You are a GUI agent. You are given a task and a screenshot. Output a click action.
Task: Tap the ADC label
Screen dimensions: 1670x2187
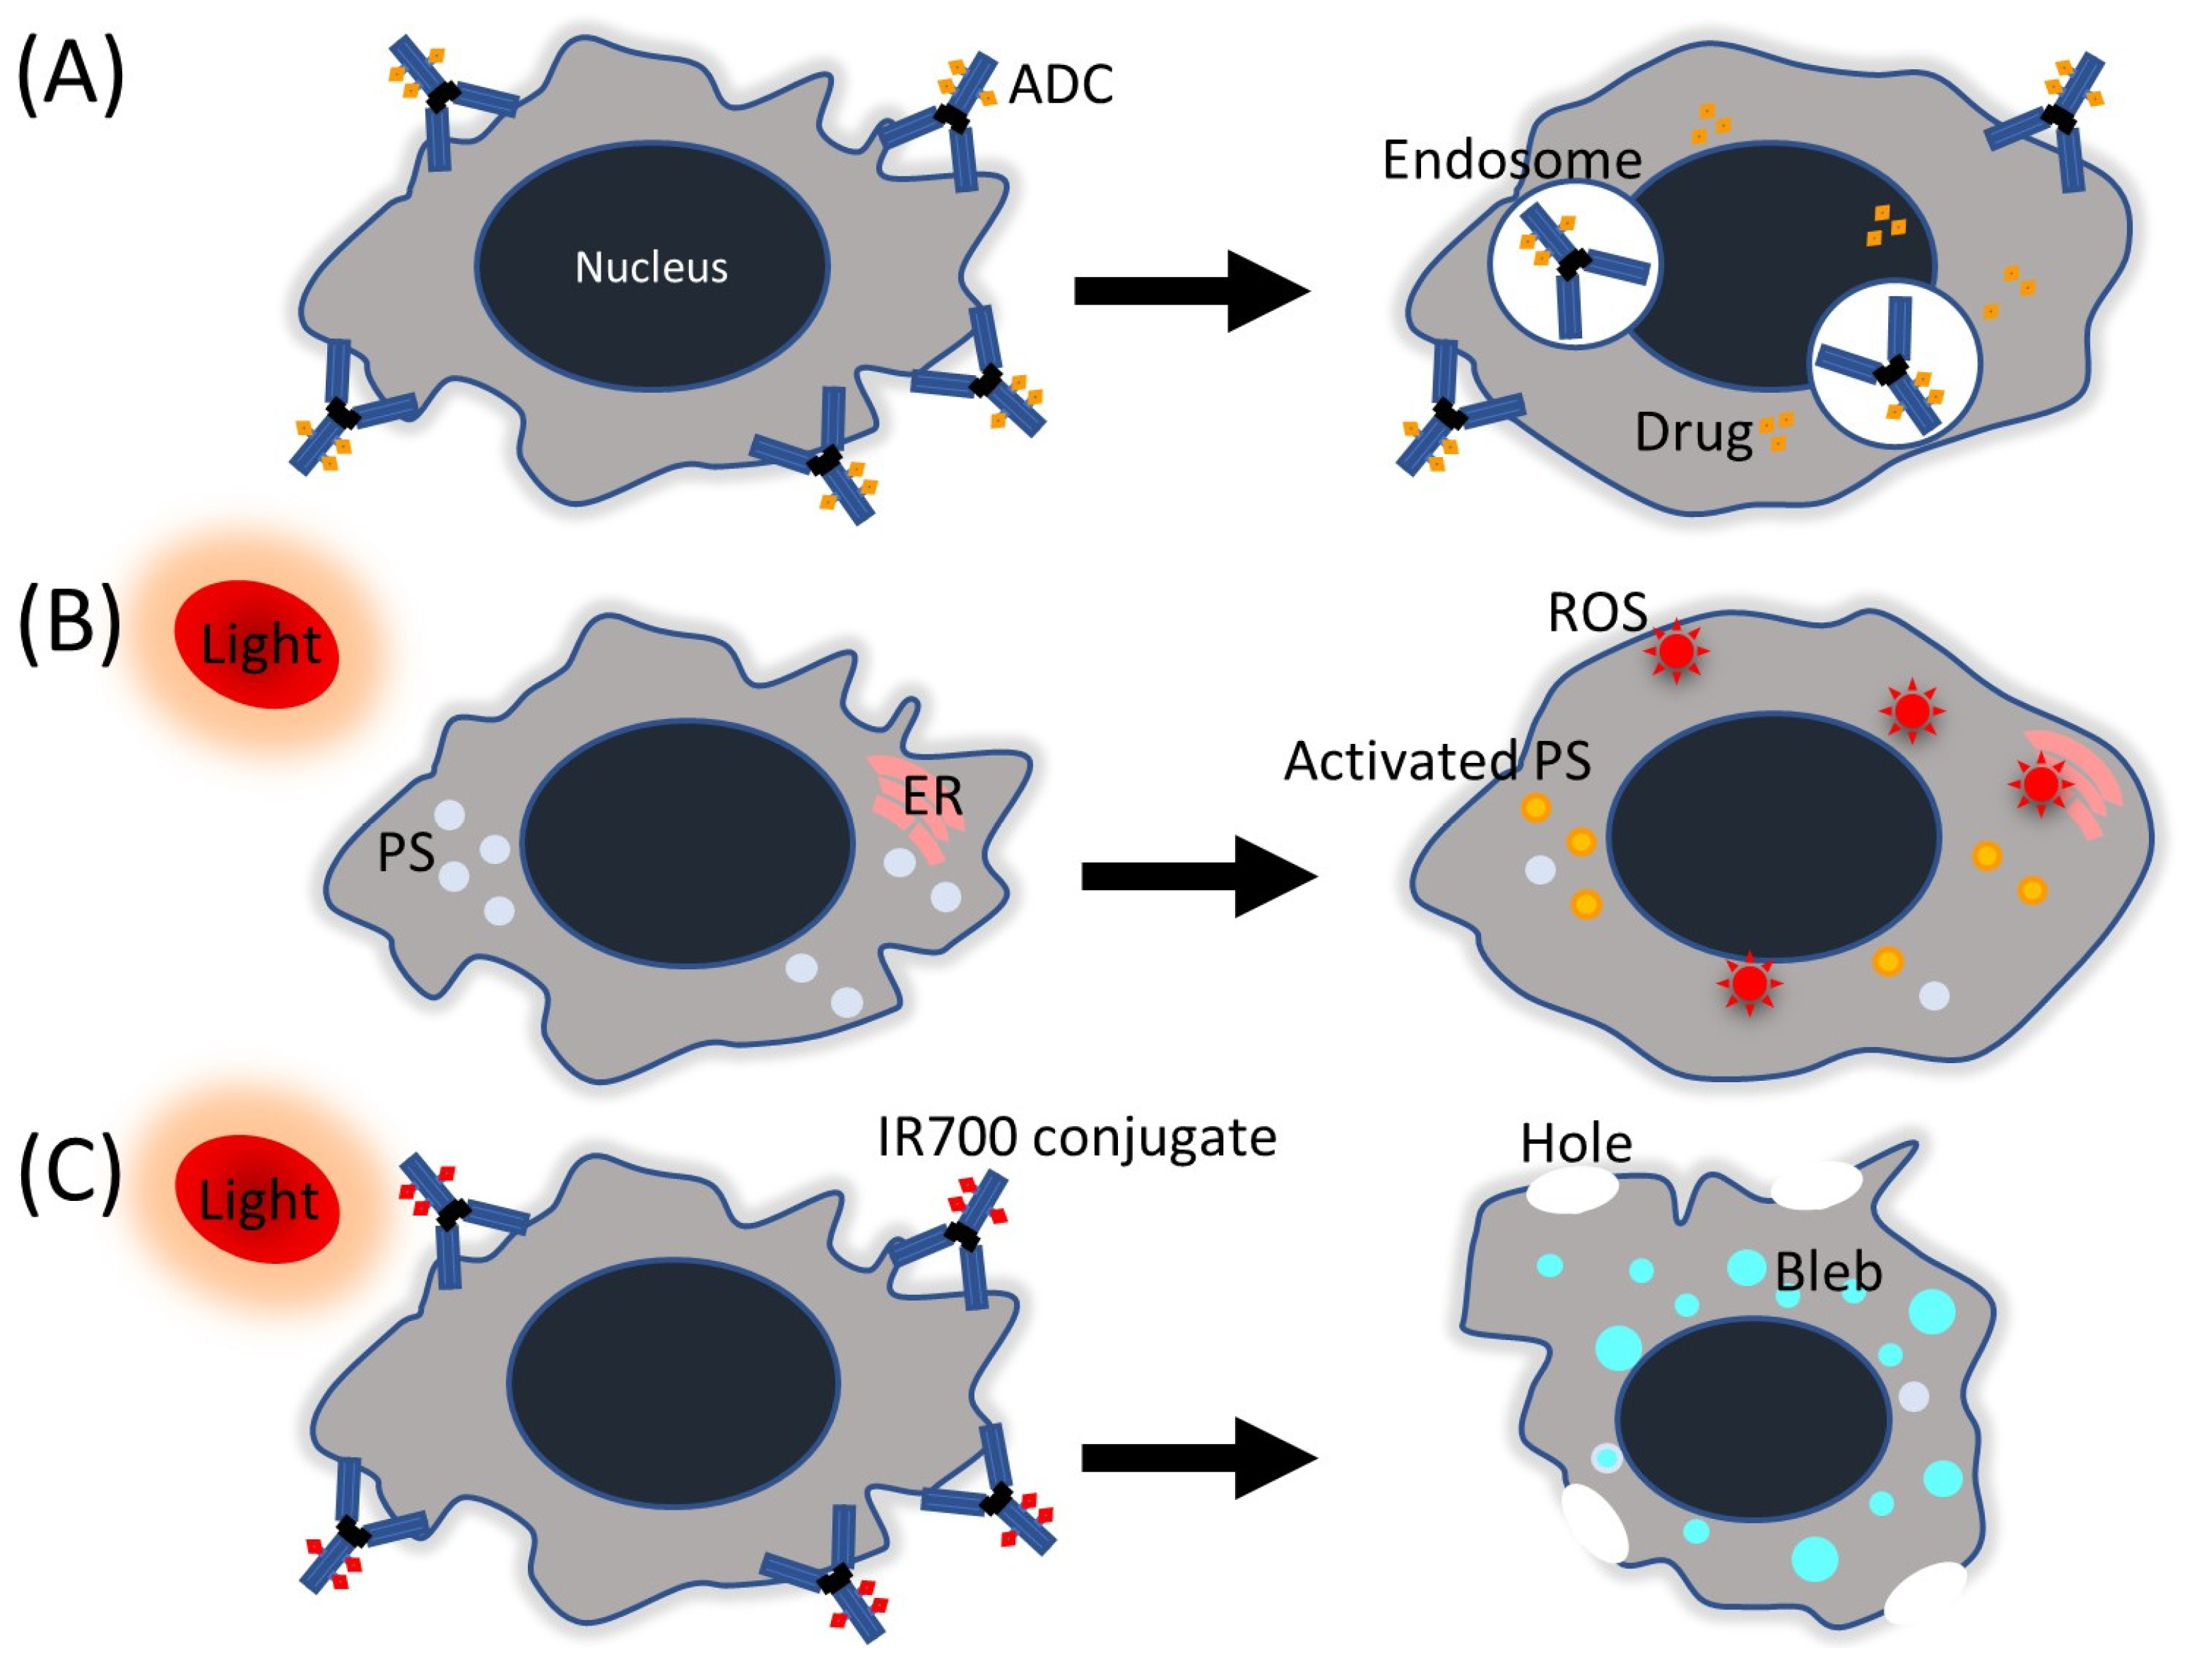pyautogui.click(x=1060, y=85)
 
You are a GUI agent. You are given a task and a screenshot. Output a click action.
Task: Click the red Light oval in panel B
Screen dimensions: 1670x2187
pyautogui.click(x=257, y=644)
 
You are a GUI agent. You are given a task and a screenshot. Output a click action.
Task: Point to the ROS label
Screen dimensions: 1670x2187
pyautogui.click(x=1596, y=612)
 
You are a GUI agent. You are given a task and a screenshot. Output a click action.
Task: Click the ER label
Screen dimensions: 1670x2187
pyautogui.click(x=933, y=796)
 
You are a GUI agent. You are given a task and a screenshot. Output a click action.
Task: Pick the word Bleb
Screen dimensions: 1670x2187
pyautogui.click(x=1828, y=1272)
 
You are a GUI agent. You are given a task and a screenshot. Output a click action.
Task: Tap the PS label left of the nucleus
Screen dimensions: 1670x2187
pyautogui.click(x=406, y=852)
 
